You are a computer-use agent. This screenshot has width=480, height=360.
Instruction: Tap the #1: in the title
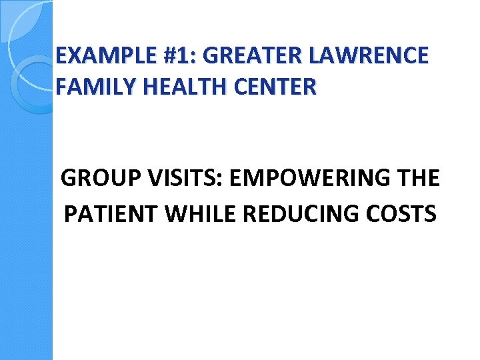tap(179, 55)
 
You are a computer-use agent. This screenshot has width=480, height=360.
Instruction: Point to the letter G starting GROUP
tap(69, 179)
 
